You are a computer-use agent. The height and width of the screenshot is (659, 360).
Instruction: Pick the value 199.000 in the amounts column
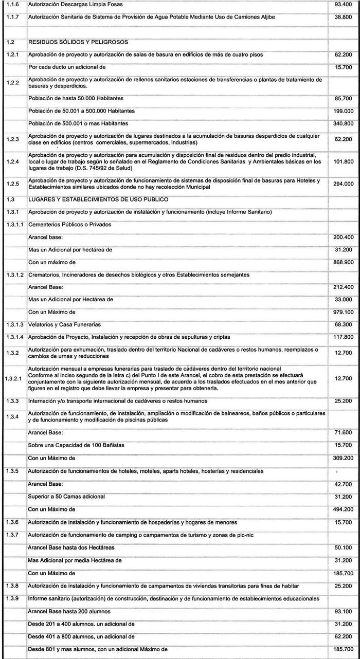(344, 111)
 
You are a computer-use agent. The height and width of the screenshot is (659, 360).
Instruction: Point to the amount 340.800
(344, 123)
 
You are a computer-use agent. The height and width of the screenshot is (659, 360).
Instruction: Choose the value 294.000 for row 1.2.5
(344, 184)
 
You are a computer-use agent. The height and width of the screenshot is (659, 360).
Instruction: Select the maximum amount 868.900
(344, 262)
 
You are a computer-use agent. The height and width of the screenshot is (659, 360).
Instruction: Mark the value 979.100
(344, 312)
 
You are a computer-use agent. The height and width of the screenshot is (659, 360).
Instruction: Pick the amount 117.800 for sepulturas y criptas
(344, 337)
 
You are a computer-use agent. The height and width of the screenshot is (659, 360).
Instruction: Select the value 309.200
(344, 457)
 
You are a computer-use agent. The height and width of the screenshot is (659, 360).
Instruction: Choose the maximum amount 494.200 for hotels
(344, 509)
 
